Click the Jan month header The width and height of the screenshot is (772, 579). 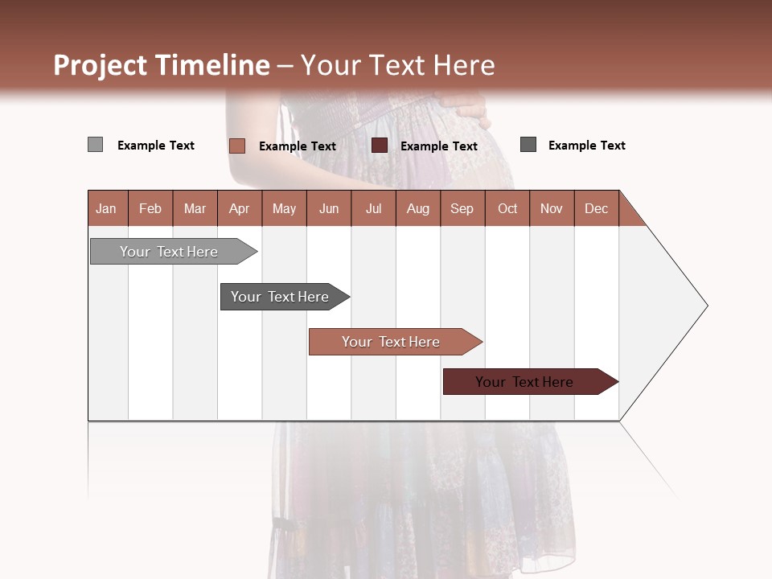[x=106, y=208]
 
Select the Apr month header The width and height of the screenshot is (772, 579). [x=239, y=208]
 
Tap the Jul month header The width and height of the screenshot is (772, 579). [x=373, y=208]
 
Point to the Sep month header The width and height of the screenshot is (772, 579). [x=462, y=208]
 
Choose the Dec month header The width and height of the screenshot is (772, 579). [x=596, y=208]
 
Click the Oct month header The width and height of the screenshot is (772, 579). [x=507, y=208]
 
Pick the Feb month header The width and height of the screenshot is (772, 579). [x=150, y=208]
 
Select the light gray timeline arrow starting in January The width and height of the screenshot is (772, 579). [x=169, y=252]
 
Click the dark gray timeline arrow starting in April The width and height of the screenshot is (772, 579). [x=280, y=297]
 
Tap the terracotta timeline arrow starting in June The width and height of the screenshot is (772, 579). [x=391, y=342]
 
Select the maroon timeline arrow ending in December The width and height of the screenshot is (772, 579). [x=524, y=382]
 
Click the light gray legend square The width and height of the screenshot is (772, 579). [x=95, y=145]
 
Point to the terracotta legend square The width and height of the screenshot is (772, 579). [x=236, y=146]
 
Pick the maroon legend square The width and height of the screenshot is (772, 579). [x=380, y=146]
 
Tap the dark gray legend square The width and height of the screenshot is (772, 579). [x=528, y=145]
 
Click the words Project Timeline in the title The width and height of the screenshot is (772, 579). [x=161, y=65]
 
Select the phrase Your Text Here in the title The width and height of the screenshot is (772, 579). [x=397, y=65]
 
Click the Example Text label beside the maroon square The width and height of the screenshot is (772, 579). [x=438, y=146]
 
